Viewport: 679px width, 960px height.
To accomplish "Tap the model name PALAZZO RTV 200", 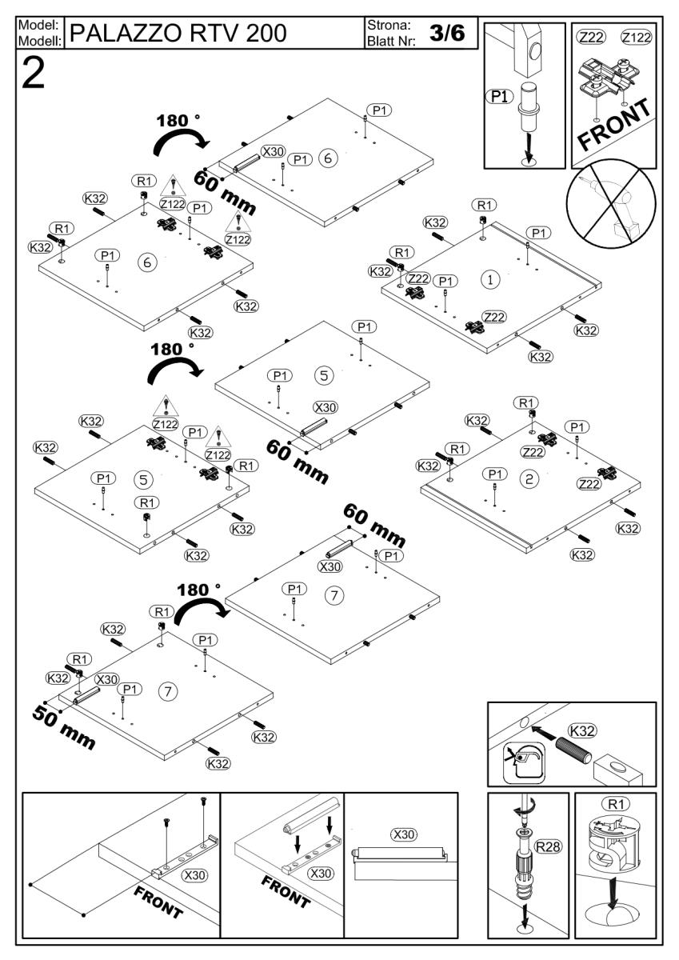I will pyautogui.click(x=178, y=33).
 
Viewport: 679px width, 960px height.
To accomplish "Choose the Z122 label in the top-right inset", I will pyautogui.click(x=635, y=38).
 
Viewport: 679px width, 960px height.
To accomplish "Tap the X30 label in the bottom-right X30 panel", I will pyautogui.click(x=404, y=834).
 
